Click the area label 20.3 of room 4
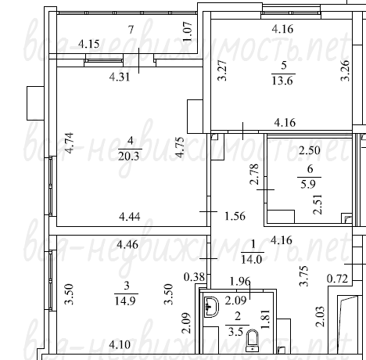[x=128, y=157]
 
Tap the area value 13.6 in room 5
[x=282, y=81]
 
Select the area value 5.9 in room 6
[x=308, y=184]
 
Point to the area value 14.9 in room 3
[x=125, y=301]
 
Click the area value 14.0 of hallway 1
[x=252, y=260]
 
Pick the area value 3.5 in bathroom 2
[x=235, y=332]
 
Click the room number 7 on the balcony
[x=131, y=30]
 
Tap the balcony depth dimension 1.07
[x=188, y=31]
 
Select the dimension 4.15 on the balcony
[x=88, y=44]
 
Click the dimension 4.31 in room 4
[x=120, y=77]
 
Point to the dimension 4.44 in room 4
[x=130, y=217]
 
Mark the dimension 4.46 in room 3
[x=127, y=245]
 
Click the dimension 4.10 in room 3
[x=120, y=345]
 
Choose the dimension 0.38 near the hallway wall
[x=194, y=277]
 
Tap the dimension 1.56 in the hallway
[x=235, y=216]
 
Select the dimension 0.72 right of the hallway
[x=338, y=279]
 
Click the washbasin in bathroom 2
[x=211, y=307]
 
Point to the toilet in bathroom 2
[x=252, y=340]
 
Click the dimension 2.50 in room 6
[x=310, y=150]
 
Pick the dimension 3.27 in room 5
[x=222, y=70]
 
